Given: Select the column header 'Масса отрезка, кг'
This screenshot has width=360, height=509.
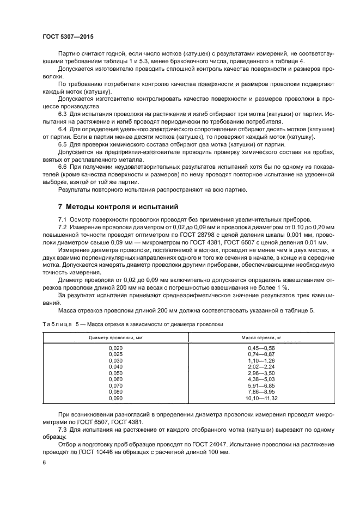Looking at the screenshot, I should point(261,338).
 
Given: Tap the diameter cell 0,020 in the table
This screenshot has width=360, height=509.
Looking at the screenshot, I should point(116,348).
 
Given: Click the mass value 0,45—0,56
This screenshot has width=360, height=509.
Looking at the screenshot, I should point(261,348).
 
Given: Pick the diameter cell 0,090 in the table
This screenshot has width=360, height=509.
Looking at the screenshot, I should point(116,398).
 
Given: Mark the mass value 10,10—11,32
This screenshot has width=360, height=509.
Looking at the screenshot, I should point(261,398).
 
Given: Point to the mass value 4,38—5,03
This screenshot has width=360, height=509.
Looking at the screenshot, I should point(261,379).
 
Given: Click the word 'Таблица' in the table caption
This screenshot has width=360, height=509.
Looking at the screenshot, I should point(57,324).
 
